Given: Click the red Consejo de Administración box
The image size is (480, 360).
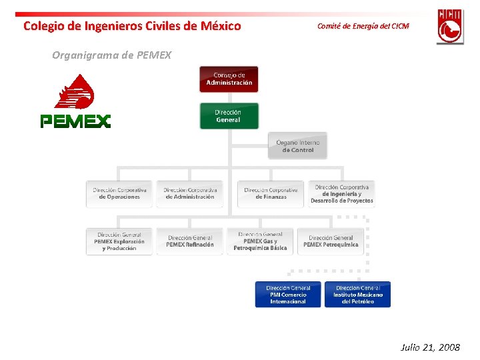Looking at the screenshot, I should click(x=229, y=79).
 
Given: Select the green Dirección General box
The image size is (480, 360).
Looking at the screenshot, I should click(x=229, y=116).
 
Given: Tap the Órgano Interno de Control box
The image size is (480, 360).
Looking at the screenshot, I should click(x=298, y=146).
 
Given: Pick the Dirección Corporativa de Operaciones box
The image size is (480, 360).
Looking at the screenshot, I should click(x=119, y=193).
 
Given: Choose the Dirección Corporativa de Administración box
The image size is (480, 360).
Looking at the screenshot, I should click(x=190, y=193).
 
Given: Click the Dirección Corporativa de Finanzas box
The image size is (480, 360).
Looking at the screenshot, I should click(x=271, y=193).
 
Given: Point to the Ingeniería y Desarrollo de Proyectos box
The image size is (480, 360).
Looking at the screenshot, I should click(x=341, y=193).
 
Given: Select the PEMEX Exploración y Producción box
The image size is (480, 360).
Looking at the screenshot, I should click(x=119, y=241).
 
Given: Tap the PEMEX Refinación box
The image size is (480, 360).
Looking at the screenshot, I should click(x=190, y=241).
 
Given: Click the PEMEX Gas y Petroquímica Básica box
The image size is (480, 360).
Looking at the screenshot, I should click(x=260, y=241).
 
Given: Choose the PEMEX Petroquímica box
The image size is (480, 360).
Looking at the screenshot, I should click(x=331, y=241).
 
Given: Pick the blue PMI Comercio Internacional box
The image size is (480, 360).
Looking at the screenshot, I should click(x=288, y=295).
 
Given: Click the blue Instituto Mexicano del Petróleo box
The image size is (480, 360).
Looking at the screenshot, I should click(x=358, y=295).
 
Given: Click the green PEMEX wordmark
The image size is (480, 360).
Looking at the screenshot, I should click(x=75, y=121).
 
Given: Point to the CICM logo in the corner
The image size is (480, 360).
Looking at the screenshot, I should click(x=450, y=26).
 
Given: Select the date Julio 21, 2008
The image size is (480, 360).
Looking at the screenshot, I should click(x=430, y=347).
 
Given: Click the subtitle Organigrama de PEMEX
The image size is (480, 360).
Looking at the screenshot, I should click(x=111, y=55).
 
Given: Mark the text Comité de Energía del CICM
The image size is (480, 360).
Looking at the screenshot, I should click(x=363, y=26).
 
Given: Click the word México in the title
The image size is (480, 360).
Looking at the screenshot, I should click(x=221, y=26).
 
